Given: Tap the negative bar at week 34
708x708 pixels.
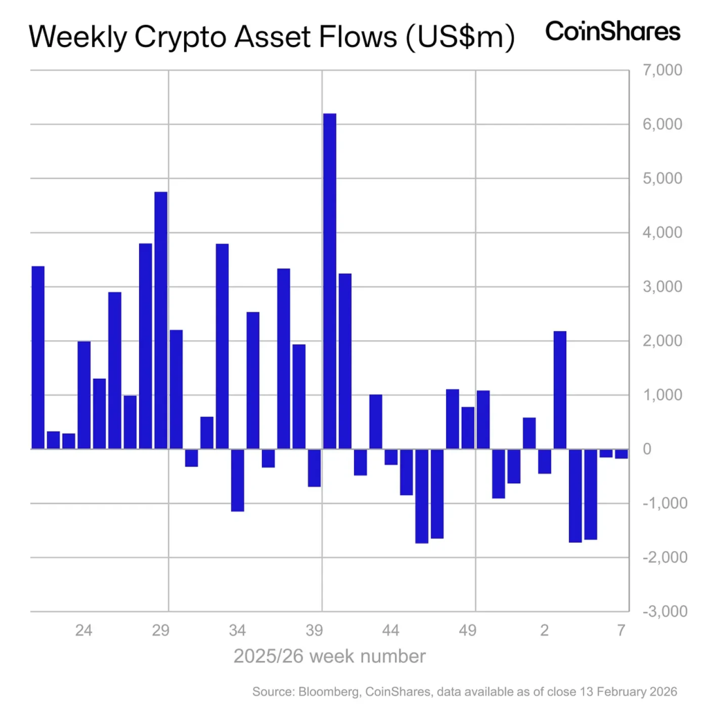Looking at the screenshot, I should (237, 480).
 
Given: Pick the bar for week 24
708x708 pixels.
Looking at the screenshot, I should (84, 395).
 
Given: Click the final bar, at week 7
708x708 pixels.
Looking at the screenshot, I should (621, 454).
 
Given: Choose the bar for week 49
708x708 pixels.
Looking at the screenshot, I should (467, 428).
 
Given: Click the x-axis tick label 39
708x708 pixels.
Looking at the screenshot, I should (315, 630).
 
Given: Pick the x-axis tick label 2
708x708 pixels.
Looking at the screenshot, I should (544, 630).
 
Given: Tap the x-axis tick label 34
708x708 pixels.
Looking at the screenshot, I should (237, 630).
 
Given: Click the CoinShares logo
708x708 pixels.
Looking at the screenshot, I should (613, 31).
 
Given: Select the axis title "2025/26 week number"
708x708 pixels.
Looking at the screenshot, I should (329, 655).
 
